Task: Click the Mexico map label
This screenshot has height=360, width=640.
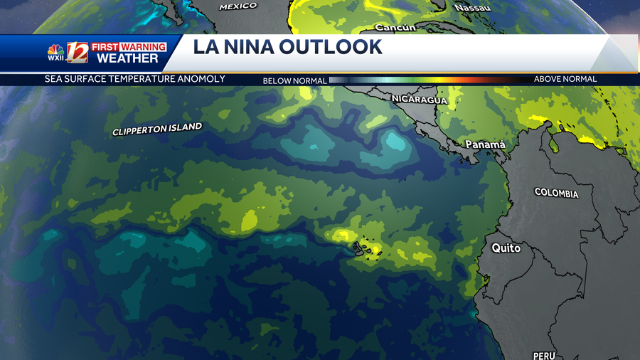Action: pos(238,6)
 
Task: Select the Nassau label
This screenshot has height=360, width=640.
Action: pos(473,7)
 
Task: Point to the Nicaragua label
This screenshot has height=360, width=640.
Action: pos(420,100)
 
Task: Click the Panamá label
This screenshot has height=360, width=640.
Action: pos(485,144)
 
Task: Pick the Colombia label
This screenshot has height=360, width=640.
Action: pos(557,194)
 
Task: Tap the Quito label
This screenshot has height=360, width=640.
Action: pos(506,248)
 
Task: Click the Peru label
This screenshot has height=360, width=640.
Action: pos(544,355)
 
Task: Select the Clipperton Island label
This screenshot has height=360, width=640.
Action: pos(157,129)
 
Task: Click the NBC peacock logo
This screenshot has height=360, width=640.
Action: pos(55,51)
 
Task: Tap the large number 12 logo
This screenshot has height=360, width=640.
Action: pos(76,53)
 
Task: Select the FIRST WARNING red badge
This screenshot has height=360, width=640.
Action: pos(128,47)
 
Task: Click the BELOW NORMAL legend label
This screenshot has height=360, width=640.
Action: pos(294,80)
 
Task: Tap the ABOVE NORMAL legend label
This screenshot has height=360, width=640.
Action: pos(565,79)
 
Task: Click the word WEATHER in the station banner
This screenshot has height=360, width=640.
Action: pos(127,59)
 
